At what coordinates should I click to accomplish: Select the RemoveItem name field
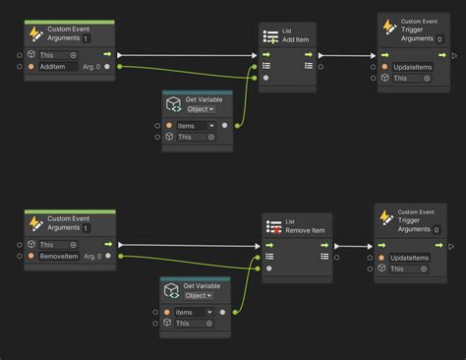(59, 256)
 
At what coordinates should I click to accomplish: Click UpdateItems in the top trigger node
(413, 68)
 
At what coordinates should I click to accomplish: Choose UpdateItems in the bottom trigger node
(410, 258)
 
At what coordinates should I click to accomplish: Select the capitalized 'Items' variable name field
(195, 126)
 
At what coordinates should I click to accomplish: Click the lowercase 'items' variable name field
(193, 312)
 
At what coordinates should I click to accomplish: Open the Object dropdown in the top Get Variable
(200, 109)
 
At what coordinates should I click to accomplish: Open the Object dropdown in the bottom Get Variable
(197, 296)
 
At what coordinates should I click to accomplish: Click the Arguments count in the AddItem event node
(87, 37)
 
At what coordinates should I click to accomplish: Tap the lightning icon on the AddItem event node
(34, 33)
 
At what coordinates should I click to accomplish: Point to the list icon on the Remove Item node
(274, 227)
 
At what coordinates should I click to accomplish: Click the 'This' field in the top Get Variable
(194, 137)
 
